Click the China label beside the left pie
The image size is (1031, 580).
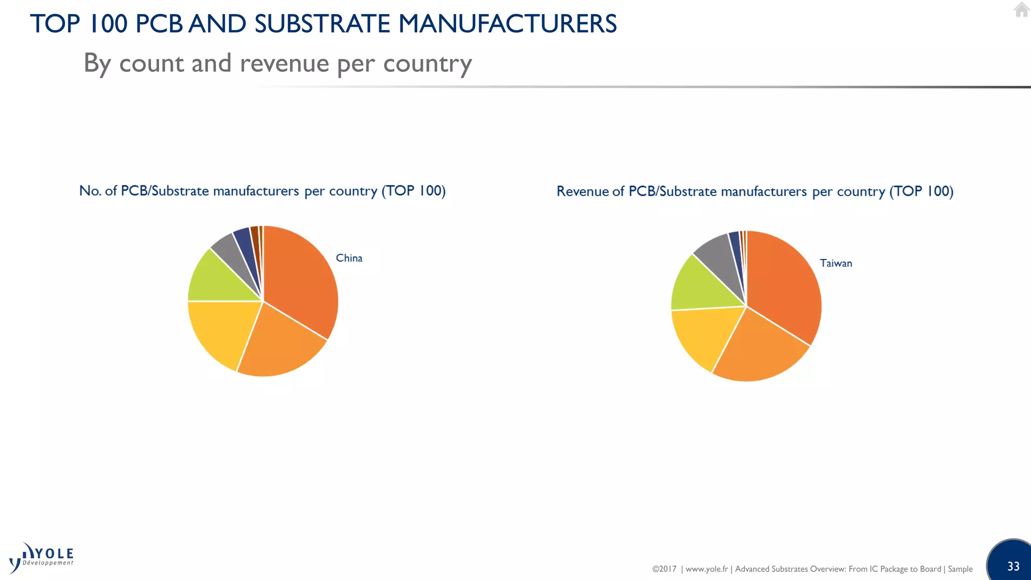click(x=349, y=258)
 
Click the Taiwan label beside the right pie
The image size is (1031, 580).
click(x=836, y=263)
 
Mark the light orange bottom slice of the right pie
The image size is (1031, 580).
click(x=760, y=352)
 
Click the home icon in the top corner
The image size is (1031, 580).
click(x=1021, y=10)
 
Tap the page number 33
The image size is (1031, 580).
click(x=1013, y=566)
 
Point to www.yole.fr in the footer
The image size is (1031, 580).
click(x=706, y=569)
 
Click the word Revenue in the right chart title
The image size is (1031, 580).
click(x=582, y=191)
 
